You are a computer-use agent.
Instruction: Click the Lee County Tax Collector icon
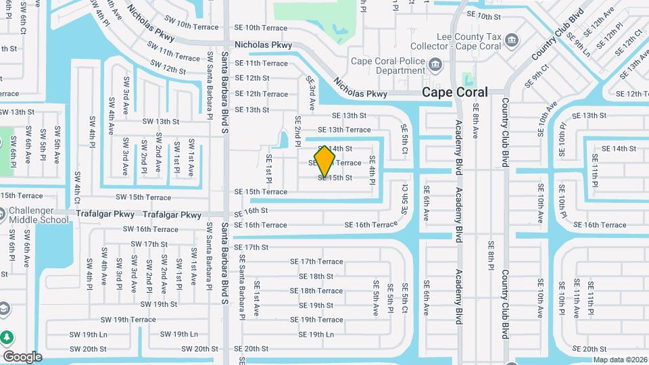click(x=512, y=39)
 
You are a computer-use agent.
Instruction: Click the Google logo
click(x=22, y=357)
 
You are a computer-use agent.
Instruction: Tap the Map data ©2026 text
click(x=620, y=360)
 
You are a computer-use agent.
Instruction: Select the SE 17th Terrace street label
click(x=316, y=262)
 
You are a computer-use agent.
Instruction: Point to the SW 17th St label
click(x=145, y=244)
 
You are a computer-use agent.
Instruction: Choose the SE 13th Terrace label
click(x=344, y=130)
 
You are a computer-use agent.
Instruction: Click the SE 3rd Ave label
click(x=312, y=94)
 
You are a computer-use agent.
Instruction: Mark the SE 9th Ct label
click(x=538, y=76)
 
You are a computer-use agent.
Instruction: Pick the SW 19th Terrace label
click(x=128, y=320)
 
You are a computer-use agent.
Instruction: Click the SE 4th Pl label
click(x=372, y=170)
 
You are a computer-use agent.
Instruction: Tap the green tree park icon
click(x=7, y=337)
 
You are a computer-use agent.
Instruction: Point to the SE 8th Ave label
click(x=476, y=121)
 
